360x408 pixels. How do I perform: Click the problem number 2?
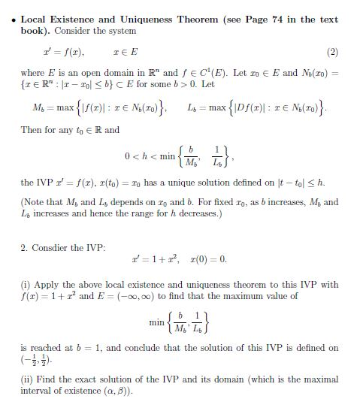tap(24, 247)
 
